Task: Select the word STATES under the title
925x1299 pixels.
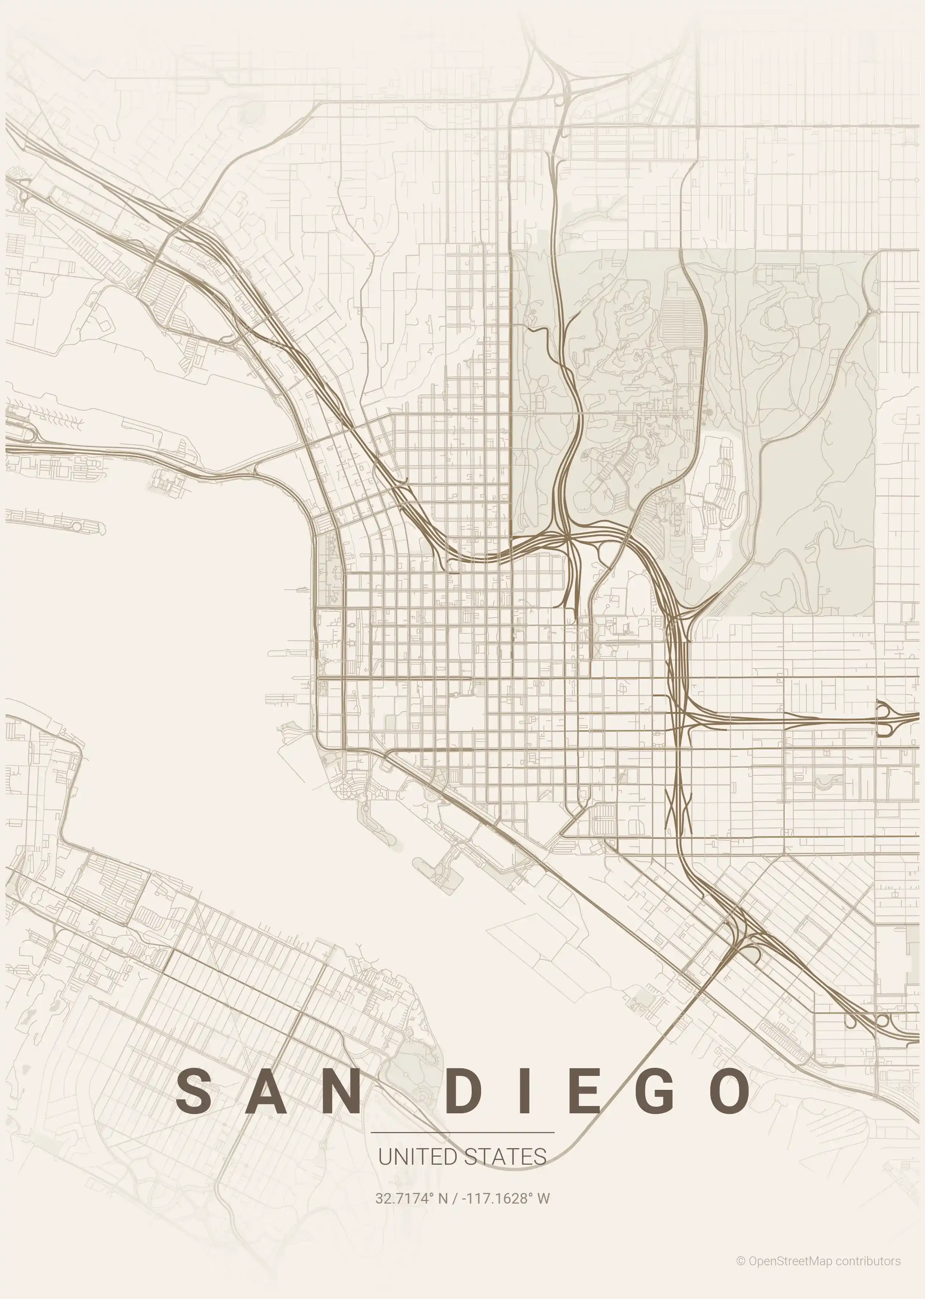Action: tap(505, 1157)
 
